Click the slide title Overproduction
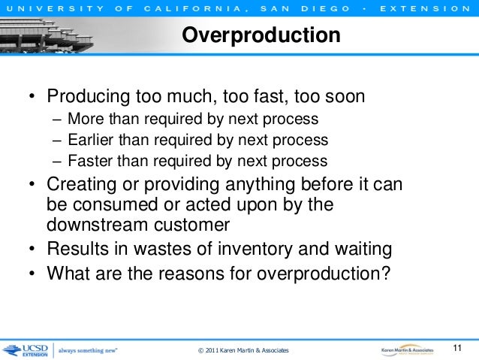[x=261, y=35]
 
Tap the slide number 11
[x=459, y=347]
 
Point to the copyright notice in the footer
[x=243, y=351]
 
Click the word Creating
[x=78, y=184]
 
